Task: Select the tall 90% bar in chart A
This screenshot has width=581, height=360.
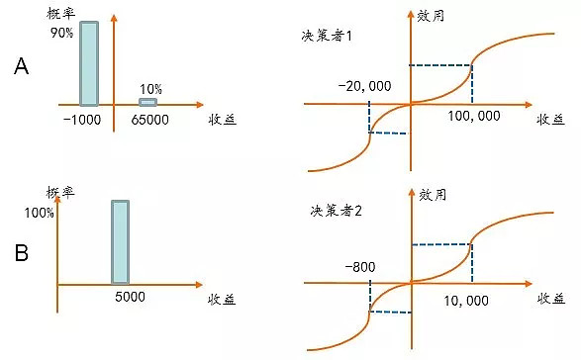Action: click(89, 62)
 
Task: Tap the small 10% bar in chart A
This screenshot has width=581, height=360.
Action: click(147, 102)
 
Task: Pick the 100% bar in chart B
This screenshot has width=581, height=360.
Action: click(120, 242)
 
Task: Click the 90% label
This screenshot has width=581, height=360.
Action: click(62, 32)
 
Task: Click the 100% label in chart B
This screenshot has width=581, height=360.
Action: click(37, 212)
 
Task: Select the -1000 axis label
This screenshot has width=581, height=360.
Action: click(81, 118)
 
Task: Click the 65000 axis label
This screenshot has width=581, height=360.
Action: click(150, 118)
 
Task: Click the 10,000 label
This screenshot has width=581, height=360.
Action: click(469, 298)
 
